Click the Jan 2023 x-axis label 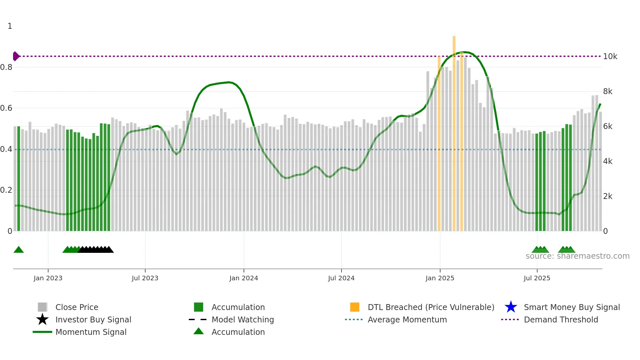coord(48,278)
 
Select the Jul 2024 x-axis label coord(341,278)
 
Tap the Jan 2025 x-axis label coord(440,278)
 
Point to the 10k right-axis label coord(610,57)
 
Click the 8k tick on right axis coord(608,91)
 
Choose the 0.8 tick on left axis coord(6,67)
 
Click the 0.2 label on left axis coord(6,190)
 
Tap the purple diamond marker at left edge coord(16,56)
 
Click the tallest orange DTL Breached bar coord(454,131)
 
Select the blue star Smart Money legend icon coord(511,307)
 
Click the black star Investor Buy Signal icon coord(42,319)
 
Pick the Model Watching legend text coord(243,319)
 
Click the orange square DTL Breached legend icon coord(355,307)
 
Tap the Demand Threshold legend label coord(561,319)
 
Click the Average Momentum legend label coord(407,319)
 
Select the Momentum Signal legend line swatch coord(42,332)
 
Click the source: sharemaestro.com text coord(577,256)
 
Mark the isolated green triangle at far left coord(19,250)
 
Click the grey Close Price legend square coord(42,307)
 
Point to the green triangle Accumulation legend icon coord(199,331)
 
